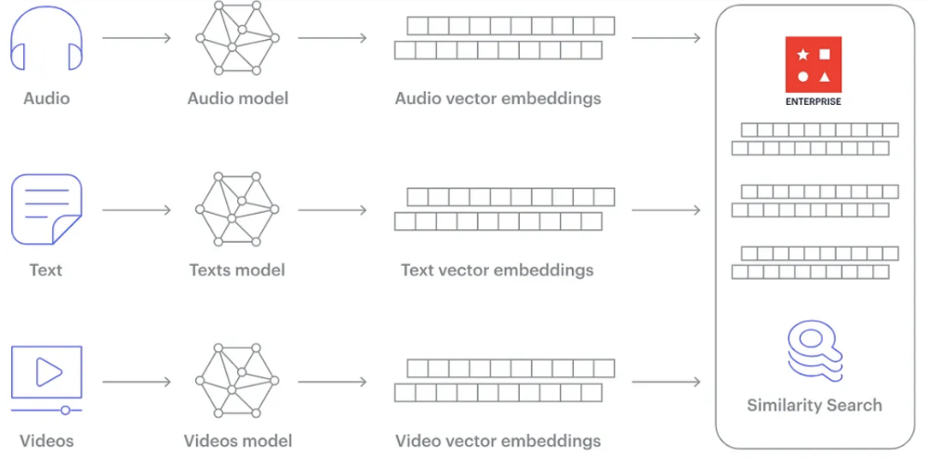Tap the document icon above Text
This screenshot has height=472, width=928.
[46, 210]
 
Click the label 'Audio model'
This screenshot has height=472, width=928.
[238, 98]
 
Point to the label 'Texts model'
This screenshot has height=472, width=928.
[237, 270]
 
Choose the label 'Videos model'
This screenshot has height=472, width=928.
[238, 441]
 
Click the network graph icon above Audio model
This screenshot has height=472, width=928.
[237, 38]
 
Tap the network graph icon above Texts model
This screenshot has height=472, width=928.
[237, 210]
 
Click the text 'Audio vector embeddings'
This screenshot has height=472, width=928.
[497, 98]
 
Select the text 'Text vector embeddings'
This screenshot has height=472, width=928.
[497, 270]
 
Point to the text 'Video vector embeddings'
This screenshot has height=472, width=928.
[497, 441]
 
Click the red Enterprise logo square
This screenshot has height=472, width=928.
[813, 64]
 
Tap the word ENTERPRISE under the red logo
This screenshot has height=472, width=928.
[813, 101]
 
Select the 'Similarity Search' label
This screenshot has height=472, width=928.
[815, 405]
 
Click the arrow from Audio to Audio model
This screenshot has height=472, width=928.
[137, 38]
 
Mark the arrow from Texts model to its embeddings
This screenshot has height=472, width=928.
[333, 210]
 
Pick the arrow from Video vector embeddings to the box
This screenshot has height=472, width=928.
[666, 381]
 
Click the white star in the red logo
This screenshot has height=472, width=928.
[802, 55]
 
